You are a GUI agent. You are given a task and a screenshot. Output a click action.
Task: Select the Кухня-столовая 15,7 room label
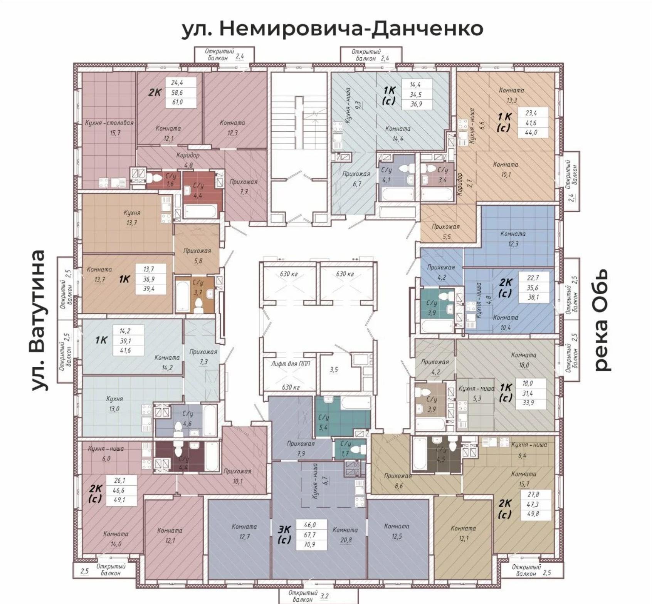click(109, 128)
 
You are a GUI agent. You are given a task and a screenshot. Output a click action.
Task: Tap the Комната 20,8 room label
click(345, 535)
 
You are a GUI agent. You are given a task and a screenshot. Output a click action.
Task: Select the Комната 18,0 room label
click(523, 360)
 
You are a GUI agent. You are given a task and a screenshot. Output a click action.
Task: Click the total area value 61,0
click(181, 102)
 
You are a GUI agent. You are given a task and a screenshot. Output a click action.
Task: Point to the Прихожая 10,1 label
click(237, 476)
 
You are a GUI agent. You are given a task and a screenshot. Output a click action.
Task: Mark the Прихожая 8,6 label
click(398, 481)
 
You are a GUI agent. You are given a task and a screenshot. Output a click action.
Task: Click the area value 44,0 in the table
click(533, 132)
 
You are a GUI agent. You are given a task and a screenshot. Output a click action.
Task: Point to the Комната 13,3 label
click(511, 95)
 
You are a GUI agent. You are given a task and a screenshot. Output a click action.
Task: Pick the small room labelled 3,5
click(334, 370)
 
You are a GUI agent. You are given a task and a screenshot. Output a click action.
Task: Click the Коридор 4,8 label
click(188, 160)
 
